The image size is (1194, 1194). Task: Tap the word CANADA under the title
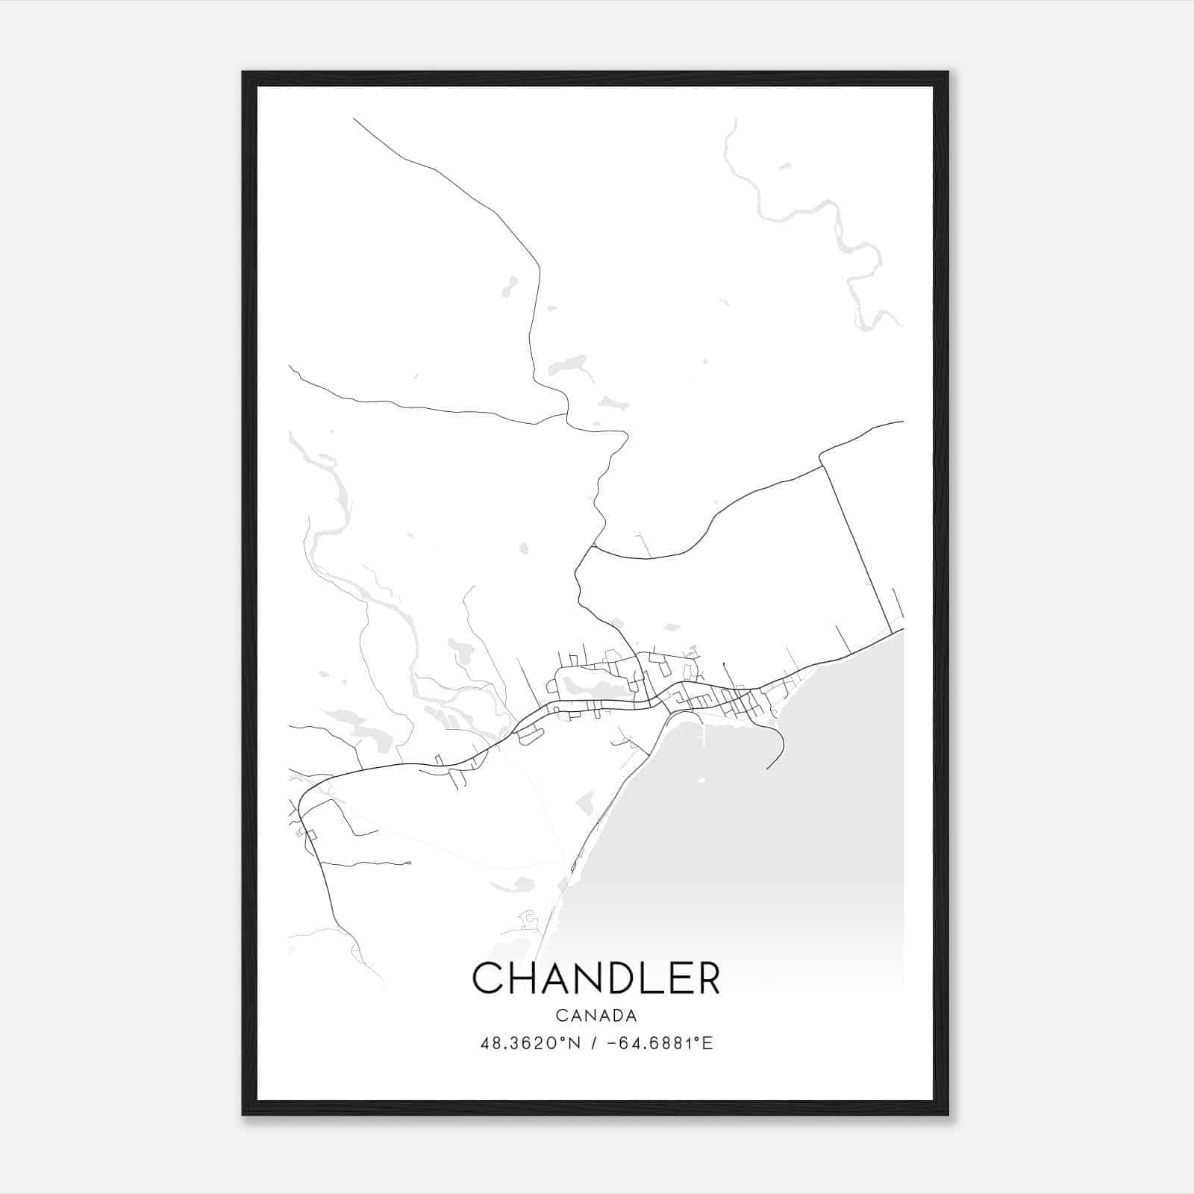pos(596,1016)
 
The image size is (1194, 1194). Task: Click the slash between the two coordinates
pos(593,1043)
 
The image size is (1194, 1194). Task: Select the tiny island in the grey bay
pos(701,781)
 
